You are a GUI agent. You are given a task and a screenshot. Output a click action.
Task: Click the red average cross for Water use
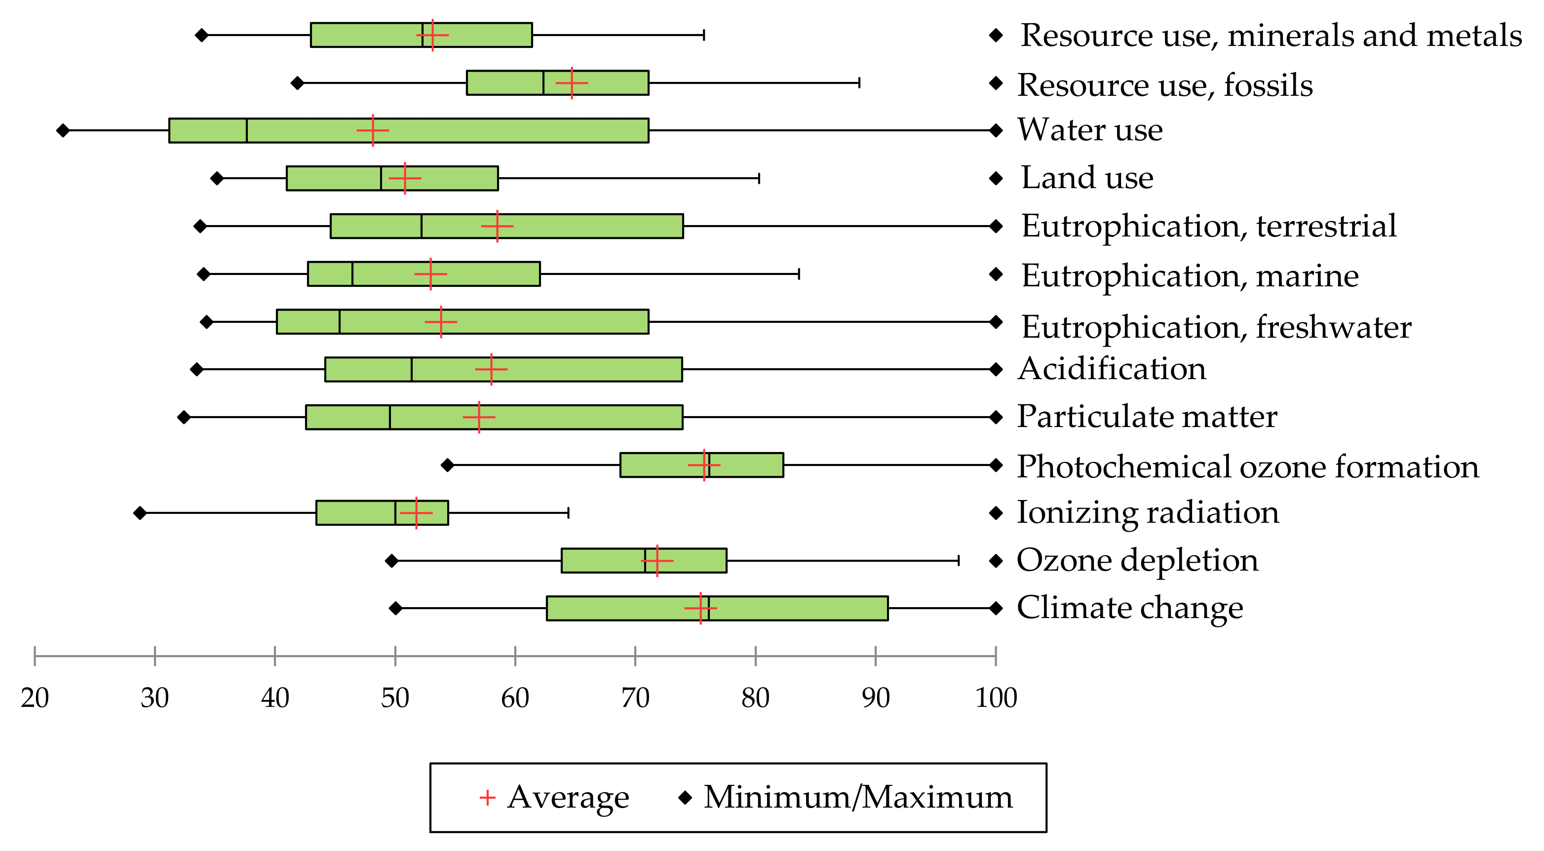click(373, 130)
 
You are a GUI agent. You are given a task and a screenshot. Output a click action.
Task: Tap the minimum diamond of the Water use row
click(62, 130)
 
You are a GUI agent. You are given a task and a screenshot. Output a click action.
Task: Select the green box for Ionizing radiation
click(360, 512)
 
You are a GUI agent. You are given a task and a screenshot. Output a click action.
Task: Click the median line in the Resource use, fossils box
click(543, 83)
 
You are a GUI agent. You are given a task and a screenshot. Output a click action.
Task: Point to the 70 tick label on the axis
click(635, 697)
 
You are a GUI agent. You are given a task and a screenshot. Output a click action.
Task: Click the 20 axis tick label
click(35, 697)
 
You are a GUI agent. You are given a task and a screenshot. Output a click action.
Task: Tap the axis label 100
click(996, 697)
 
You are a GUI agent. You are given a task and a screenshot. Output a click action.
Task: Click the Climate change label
click(1130, 608)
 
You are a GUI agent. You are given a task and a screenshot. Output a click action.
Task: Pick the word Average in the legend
click(568, 797)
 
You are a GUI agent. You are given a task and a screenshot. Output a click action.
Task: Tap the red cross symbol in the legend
click(487, 798)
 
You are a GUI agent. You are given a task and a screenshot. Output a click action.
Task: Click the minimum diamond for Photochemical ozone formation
click(447, 464)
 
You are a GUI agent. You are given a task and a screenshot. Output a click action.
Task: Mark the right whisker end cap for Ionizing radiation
click(568, 512)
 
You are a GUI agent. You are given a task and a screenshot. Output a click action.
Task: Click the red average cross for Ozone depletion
click(657, 560)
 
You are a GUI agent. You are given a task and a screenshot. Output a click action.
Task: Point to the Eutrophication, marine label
click(1190, 275)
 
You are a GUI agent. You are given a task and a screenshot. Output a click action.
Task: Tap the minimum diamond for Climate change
click(395, 608)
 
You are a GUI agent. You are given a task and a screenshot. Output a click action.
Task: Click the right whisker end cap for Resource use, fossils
click(859, 83)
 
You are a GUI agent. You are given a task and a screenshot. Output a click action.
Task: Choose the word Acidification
click(1112, 369)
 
